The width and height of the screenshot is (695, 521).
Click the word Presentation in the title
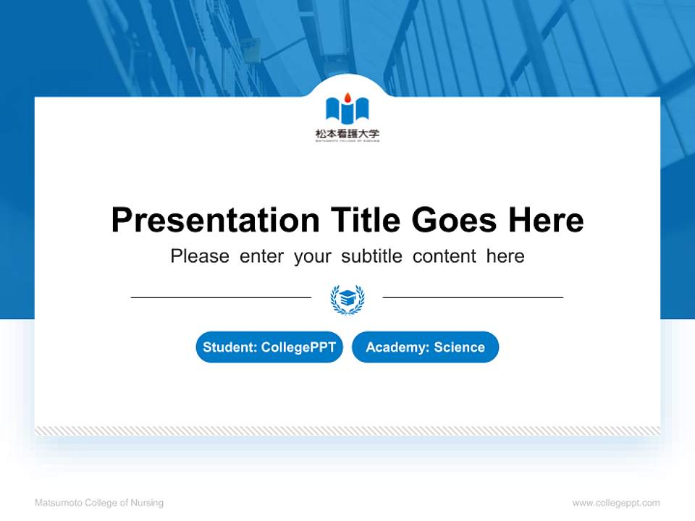pyautogui.click(x=215, y=220)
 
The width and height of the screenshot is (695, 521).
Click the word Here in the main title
pyautogui.click(x=545, y=220)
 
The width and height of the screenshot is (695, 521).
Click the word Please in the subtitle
pyautogui.click(x=200, y=256)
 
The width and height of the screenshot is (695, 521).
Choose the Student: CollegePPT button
pyautogui.click(x=269, y=347)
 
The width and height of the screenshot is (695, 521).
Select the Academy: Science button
pyautogui.click(x=425, y=347)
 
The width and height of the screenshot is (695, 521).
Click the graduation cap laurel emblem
pyautogui.click(x=347, y=298)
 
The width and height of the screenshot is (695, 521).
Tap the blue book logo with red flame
pyautogui.click(x=347, y=109)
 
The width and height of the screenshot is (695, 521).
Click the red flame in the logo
pyautogui.click(x=347, y=97)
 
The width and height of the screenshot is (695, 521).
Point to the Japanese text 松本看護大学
pyautogui.click(x=347, y=133)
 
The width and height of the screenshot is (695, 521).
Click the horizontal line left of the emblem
pyautogui.click(x=221, y=297)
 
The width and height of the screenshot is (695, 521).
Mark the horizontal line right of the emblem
pyautogui.click(x=473, y=297)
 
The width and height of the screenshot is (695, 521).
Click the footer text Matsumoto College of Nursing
pyautogui.click(x=99, y=503)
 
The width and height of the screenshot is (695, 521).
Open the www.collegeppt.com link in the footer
pyautogui.click(x=616, y=503)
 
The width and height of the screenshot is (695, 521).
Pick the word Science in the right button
pyautogui.click(x=459, y=347)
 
